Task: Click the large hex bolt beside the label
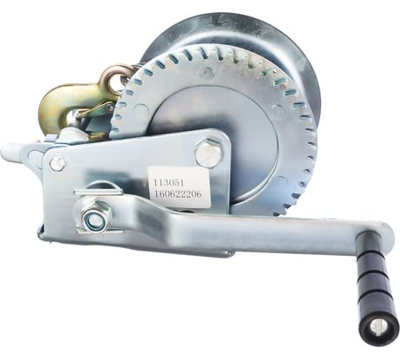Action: pos(208,154)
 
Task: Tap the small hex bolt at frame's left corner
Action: pos(58,163)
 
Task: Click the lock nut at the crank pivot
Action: pos(95,219)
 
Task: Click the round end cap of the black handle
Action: pos(380,326)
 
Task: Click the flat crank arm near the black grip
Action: pos(286,234)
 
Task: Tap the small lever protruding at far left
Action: pos(12,154)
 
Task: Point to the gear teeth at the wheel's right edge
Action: pos(305,147)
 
